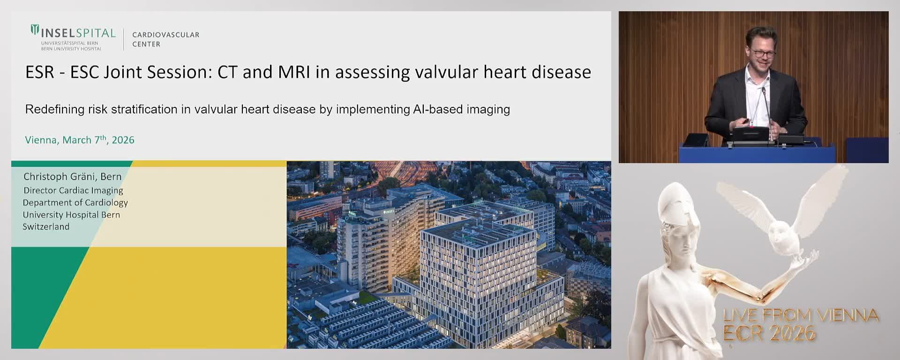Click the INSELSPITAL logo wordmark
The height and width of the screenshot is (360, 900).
(x=78, y=33)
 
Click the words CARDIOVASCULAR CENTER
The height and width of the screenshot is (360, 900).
(x=165, y=39)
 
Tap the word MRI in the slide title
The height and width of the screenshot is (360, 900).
(x=294, y=72)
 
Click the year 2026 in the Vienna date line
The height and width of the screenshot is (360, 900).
(x=123, y=140)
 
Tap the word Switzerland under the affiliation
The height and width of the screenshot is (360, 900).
(x=46, y=227)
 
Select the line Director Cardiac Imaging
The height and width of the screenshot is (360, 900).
(x=73, y=190)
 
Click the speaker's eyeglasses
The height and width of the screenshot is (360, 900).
(x=762, y=53)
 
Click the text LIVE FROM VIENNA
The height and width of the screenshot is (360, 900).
(x=801, y=315)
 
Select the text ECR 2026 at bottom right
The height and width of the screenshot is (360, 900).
(x=769, y=333)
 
